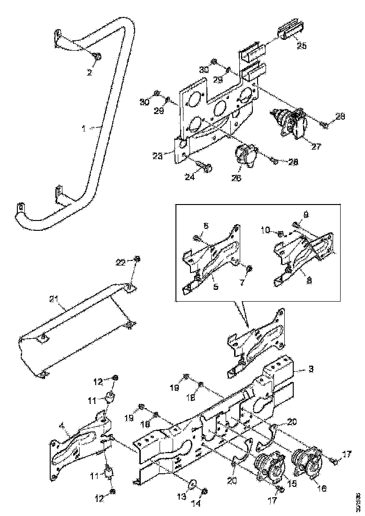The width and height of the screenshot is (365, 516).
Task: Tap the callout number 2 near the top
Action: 89,73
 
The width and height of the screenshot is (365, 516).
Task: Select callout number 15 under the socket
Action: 292,483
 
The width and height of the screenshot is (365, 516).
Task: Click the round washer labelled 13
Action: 193,484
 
